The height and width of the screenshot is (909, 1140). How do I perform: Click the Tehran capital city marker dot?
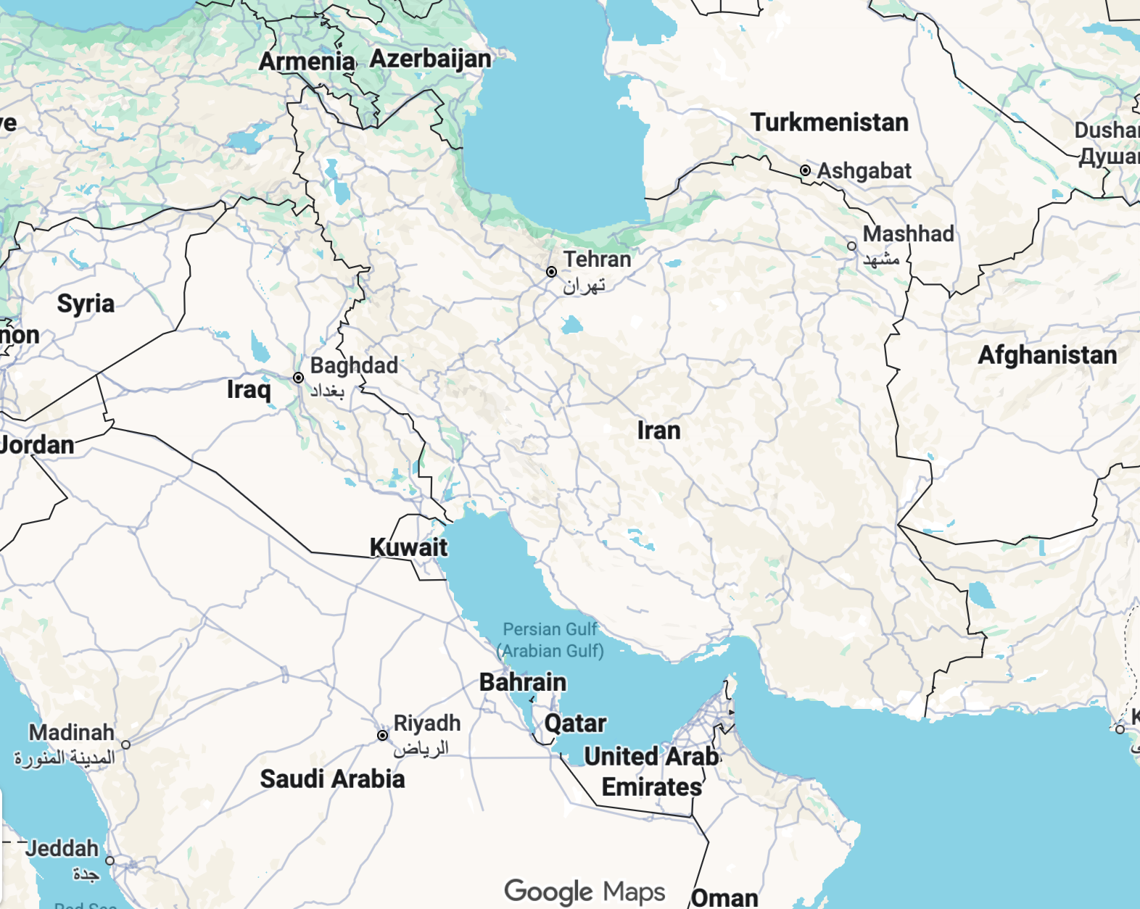(x=552, y=272)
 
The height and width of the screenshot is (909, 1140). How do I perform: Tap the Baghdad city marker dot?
(x=298, y=378)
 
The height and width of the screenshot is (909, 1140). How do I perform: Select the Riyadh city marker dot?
(x=382, y=735)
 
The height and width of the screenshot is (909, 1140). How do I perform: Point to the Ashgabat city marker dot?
(x=805, y=170)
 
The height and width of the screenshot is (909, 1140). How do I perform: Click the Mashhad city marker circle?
(x=852, y=246)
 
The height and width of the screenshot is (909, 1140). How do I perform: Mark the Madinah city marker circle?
(x=126, y=744)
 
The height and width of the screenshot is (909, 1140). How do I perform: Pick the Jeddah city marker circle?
(x=110, y=860)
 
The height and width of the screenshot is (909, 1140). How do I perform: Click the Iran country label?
(x=658, y=431)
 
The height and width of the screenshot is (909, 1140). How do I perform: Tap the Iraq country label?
(x=248, y=390)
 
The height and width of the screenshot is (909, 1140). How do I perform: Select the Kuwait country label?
(x=408, y=547)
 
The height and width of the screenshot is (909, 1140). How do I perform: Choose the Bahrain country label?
(x=523, y=682)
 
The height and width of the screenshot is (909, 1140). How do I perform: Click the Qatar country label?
(x=575, y=723)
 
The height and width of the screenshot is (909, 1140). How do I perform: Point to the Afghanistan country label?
(x=1047, y=355)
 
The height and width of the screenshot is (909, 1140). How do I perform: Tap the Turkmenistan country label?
(x=829, y=123)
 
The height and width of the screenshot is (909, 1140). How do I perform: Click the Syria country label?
(x=86, y=303)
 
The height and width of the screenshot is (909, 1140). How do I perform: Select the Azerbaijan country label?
(x=431, y=59)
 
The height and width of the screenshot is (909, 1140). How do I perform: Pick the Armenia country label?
(x=307, y=62)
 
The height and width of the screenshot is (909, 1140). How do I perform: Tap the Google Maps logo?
(x=585, y=891)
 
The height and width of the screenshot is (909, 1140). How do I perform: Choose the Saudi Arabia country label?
(x=332, y=779)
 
